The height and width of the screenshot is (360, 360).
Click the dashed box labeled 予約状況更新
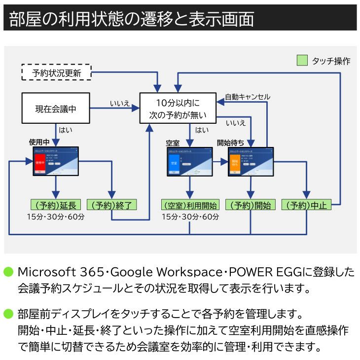tap(57, 73)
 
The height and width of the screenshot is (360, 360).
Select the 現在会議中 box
tap(56, 108)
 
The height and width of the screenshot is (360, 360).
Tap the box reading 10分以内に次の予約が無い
tap(178, 109)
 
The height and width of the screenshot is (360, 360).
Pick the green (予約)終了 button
tap(111, 205)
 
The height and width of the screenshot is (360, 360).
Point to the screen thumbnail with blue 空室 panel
tap(190, 162)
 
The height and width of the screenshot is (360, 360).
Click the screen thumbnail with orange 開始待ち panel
tap(251, 162)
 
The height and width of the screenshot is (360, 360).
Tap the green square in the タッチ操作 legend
tap(302, 61)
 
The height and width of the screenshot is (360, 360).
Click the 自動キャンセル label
tap(247, 97)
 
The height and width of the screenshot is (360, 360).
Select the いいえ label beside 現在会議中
tap(119, 103)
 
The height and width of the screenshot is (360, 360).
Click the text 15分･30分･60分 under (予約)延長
tap(56, 217)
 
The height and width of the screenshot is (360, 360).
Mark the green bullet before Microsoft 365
tap(8, 272)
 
